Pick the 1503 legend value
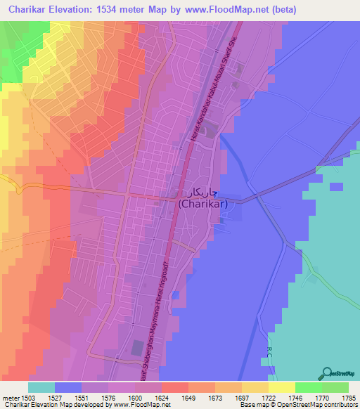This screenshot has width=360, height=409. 28,397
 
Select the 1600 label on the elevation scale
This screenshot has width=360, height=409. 135,397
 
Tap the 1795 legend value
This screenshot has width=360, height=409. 347,397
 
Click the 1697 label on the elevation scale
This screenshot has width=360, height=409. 241,397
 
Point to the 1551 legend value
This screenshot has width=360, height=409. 82,397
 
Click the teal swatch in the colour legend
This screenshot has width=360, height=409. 41,387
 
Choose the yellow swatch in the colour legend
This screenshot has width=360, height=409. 281,387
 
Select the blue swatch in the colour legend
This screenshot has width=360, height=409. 68,387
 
